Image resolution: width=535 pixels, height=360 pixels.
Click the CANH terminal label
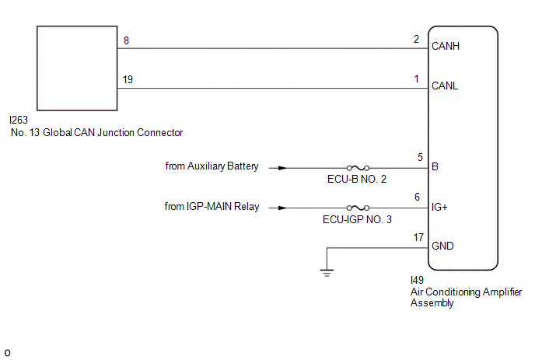point(446,46)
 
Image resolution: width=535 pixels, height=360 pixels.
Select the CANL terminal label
point(445,86)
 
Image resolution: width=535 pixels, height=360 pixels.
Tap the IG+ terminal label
point(439,207)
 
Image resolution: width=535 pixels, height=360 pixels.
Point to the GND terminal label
point(442,246)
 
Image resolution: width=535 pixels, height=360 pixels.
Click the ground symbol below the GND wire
point(327,273)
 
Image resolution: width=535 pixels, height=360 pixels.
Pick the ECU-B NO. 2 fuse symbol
point(358,168)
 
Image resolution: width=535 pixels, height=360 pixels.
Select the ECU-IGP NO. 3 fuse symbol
point(358,208)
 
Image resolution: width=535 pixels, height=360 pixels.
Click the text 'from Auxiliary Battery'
point(212,166)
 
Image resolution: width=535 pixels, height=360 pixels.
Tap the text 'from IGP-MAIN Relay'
point(212,207)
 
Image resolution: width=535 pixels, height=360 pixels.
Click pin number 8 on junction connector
point(126,40)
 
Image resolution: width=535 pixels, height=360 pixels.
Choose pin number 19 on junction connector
point(128,79)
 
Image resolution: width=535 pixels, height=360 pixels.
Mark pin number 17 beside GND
point(418,237)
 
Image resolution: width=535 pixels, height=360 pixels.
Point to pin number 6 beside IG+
point(417,197)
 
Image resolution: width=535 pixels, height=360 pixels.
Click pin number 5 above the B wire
point(420,157)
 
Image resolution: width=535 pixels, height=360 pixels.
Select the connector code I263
point(19,120)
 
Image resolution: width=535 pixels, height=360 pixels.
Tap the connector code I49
point(417,280)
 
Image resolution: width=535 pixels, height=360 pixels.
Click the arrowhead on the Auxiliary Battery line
point(282,168)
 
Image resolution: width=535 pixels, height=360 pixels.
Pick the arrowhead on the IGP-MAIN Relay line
point(282,208)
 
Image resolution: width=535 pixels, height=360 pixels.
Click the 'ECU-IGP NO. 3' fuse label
point(357,219)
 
